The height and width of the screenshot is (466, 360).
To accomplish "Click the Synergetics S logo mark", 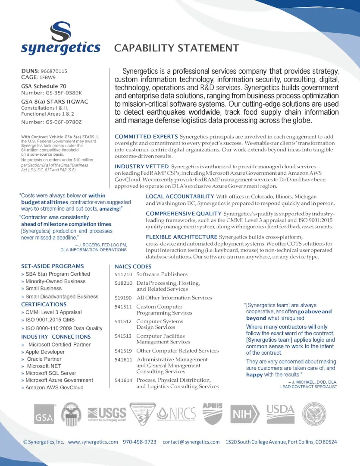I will click(x=60, y=31).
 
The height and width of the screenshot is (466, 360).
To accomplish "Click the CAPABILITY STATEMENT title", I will click(x=176, y=48).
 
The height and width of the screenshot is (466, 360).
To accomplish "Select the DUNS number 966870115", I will click(x=54, y=71).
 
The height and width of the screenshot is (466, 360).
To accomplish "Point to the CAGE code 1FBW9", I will click(x=47, y=78).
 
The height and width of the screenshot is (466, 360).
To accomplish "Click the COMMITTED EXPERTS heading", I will click(x=146, y=137).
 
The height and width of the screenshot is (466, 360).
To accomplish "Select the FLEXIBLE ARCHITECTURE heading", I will click(x=182, y=237).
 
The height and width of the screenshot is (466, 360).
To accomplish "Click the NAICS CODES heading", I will click(x=133, y=267).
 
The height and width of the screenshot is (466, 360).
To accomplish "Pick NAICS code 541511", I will click(x=123, y=307).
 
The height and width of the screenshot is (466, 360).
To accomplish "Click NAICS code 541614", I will click(x=123, y=380).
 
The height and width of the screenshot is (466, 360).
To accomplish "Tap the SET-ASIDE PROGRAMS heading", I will click(x=53, y=266).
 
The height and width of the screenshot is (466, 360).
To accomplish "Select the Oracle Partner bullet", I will click(x=44, y=359).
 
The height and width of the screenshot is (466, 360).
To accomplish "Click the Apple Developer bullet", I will click(x=45, y=352).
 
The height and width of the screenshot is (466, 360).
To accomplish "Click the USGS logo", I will click(x=107, y=414).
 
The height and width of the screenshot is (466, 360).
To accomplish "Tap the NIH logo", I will click(x=245, y=414).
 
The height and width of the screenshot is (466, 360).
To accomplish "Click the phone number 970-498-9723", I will click(x=140, y=442).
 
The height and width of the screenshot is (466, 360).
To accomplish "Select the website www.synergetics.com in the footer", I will click(x=93, y=442).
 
